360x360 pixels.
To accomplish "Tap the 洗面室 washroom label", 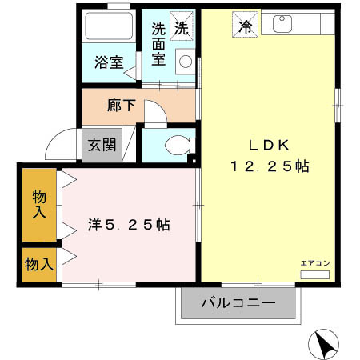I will coord(159,44).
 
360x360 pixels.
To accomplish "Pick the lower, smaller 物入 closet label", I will coord(38,263).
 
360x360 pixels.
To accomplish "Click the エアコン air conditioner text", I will coord(313,262).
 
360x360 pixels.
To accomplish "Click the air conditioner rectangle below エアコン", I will coord(314,274).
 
